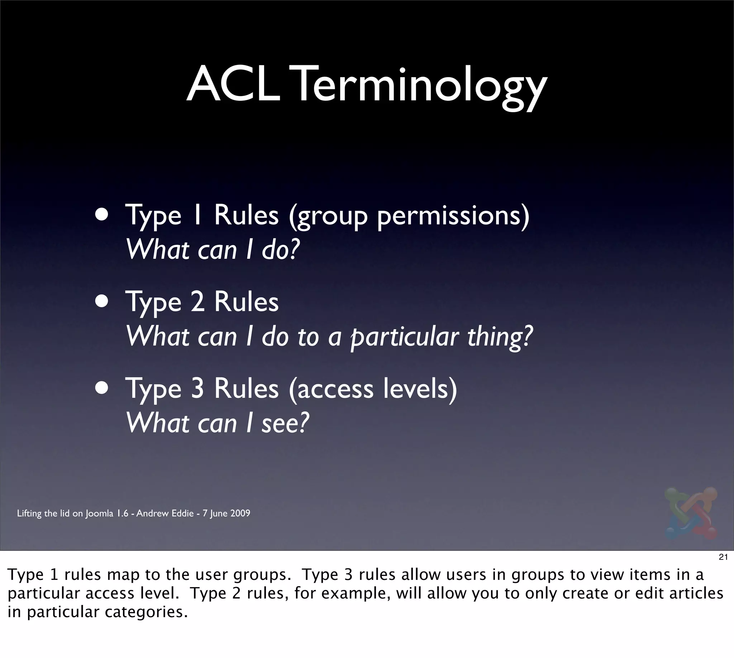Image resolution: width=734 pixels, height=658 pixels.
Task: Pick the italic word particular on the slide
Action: pos(405,338)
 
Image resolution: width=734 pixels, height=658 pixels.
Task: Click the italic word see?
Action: pos(286,423)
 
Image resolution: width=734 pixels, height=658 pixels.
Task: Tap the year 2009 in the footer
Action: pos(240,513)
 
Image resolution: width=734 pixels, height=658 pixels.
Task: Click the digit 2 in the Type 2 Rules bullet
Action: pos(198,302)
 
